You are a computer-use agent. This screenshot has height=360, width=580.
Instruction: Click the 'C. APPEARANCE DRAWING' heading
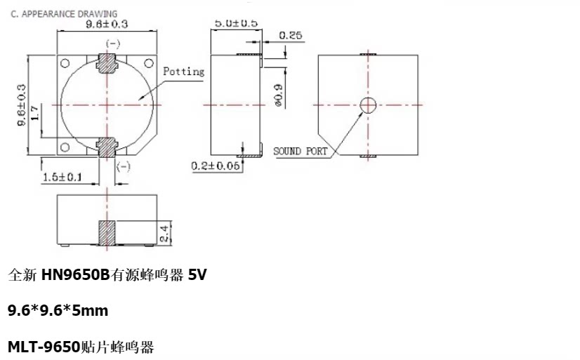[64, 14]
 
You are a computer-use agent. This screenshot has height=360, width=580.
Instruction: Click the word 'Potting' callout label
[183, 72]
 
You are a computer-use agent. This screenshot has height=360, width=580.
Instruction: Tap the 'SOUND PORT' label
[300, 151]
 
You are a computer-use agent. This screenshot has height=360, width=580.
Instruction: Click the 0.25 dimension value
[291, 36]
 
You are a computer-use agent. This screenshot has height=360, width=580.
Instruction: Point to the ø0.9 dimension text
[279, 95]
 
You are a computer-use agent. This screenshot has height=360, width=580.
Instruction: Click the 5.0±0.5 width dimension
[236, 23]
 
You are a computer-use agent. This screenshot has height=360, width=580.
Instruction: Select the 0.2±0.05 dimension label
[216, 166]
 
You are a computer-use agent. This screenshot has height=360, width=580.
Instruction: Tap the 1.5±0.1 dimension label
[62, 177]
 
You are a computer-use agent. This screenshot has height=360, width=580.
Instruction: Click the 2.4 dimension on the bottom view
[164, 234]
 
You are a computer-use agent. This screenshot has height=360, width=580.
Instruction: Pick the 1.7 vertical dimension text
[34, 113]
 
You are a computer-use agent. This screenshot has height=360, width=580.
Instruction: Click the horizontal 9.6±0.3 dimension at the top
[107, 24]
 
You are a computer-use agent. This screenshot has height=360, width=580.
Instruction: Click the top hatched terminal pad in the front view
[107, 63]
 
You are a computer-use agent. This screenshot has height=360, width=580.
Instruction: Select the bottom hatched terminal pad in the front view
[107, 147]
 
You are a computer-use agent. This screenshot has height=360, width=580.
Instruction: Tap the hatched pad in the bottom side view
[107, 233]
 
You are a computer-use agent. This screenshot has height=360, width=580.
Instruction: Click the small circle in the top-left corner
[65, 63]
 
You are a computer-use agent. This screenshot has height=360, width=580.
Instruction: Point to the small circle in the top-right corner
[149, 63]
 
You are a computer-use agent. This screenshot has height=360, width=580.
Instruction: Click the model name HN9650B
[75, 274]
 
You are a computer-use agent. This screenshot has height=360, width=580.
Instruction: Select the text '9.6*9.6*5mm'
[58, 310]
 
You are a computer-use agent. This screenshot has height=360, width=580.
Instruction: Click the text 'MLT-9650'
[44, 347]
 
